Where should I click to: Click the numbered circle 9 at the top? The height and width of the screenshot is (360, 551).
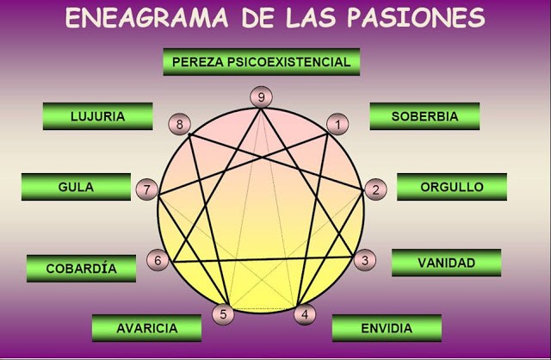pyautogui.click(x=261, y=97)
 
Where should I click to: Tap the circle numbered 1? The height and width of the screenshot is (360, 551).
pyautogui.click(x=338, y=125)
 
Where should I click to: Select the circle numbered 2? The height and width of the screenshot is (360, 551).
pyautogui.click(x=375, y=189)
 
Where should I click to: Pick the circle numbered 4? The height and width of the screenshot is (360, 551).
pyautogui.click(x=304, y=314)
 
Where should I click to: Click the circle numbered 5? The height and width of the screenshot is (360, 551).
pyautogui.click(x=224, y=314)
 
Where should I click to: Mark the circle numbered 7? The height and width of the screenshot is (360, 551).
pyautogui.click(x=147, y=189)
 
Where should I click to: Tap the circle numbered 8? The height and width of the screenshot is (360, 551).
pyautogui.click(x=179, y=125)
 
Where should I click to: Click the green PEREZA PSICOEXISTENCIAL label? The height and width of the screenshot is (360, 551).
pyautogui.click(x=261, y=62)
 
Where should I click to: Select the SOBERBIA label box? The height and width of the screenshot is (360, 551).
pyautogui.click(x=424, y=116)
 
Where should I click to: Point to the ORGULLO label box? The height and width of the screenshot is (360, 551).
pyautogui.click(x=451, y=187)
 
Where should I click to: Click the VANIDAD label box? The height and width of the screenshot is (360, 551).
pyautogui.click(x=446, y=263)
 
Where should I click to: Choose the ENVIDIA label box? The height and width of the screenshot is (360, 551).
pyautogui.click(x=386, y=328)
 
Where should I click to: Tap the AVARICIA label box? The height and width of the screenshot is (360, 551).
pyautogui.click(x=146, y=328)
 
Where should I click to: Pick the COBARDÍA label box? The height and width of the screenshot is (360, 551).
pyautogui.click(x=82, y=268)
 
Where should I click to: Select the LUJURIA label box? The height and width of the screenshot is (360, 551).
pyautogui.click(x=97, y=116)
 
